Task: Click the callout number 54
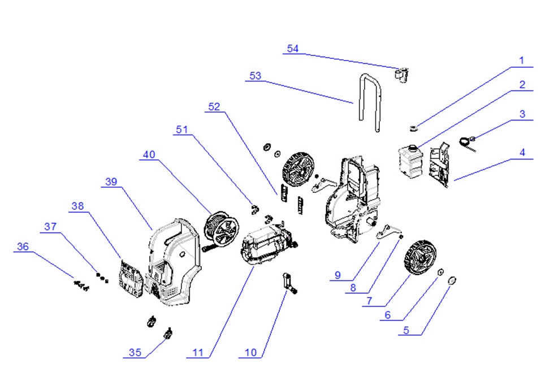(x=292, y=49)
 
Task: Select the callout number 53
(x=256, y=76)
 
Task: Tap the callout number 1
(x=522, y=61)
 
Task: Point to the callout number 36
(x=23, y=247)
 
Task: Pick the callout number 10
(x=250, y=352)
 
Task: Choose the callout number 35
(x=135, y=352)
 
